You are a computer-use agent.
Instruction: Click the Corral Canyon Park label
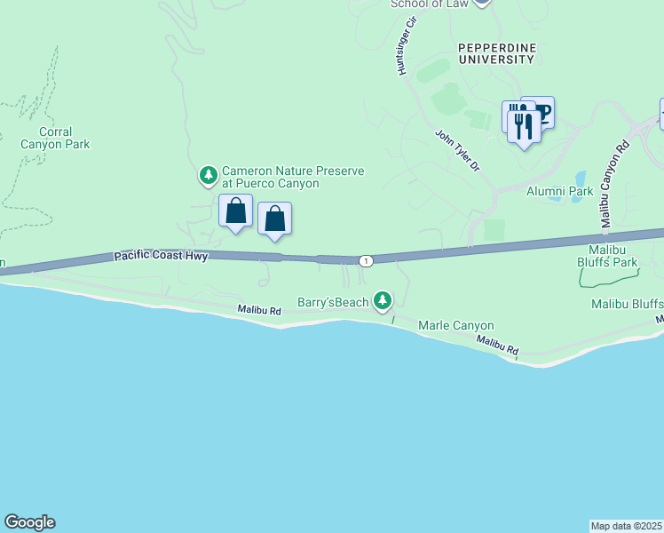55,138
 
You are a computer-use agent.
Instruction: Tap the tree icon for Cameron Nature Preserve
209,175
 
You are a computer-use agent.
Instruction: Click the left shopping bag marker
235,211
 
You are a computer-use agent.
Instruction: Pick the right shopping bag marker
275,219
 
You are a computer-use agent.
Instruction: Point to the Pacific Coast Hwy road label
161,257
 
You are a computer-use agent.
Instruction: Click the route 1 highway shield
366,260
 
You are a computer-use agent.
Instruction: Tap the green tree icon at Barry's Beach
383,302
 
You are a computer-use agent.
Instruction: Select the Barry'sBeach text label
332,303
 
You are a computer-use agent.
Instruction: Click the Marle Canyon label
455,326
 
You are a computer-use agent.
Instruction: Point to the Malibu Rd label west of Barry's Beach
259,310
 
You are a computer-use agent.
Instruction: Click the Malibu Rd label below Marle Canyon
496,345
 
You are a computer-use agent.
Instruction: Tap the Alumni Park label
559,191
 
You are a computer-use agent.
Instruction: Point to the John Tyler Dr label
457,150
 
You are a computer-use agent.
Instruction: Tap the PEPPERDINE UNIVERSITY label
496,52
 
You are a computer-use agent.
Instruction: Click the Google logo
29,522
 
